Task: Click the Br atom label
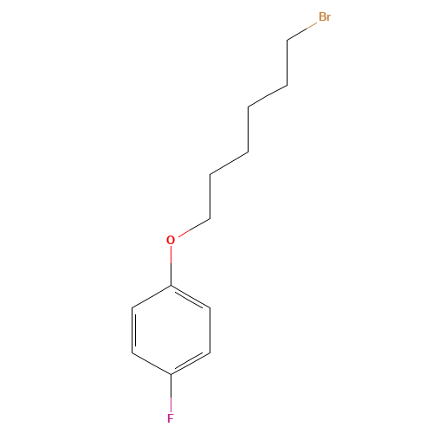(325, 16)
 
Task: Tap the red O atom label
(171, 240)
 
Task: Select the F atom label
(171, 418)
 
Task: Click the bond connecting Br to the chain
(302, 31)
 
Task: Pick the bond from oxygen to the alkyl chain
(194, 228)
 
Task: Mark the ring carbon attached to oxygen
(171, 286)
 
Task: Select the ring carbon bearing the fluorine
(171, 375)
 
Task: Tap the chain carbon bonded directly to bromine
(288, 41)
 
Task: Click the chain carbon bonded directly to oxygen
(210, 219)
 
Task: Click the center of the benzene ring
(171, 330)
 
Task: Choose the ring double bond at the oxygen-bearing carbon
(191, 298)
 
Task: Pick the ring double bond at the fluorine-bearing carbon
(191, 363)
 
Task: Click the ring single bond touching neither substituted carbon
(210, 330)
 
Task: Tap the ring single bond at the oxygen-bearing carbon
(152, 296)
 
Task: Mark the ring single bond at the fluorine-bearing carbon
(152, 364)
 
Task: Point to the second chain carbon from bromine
(288, 86)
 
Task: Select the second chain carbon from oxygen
(210, 174)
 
